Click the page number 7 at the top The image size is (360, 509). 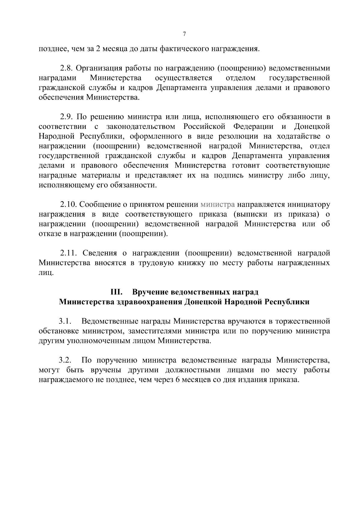point(184,34)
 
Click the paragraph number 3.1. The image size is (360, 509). point(64,322)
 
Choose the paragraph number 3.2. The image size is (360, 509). point(64,360)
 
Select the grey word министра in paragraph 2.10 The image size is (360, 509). point(217,205)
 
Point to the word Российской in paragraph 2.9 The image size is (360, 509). point(204,126)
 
